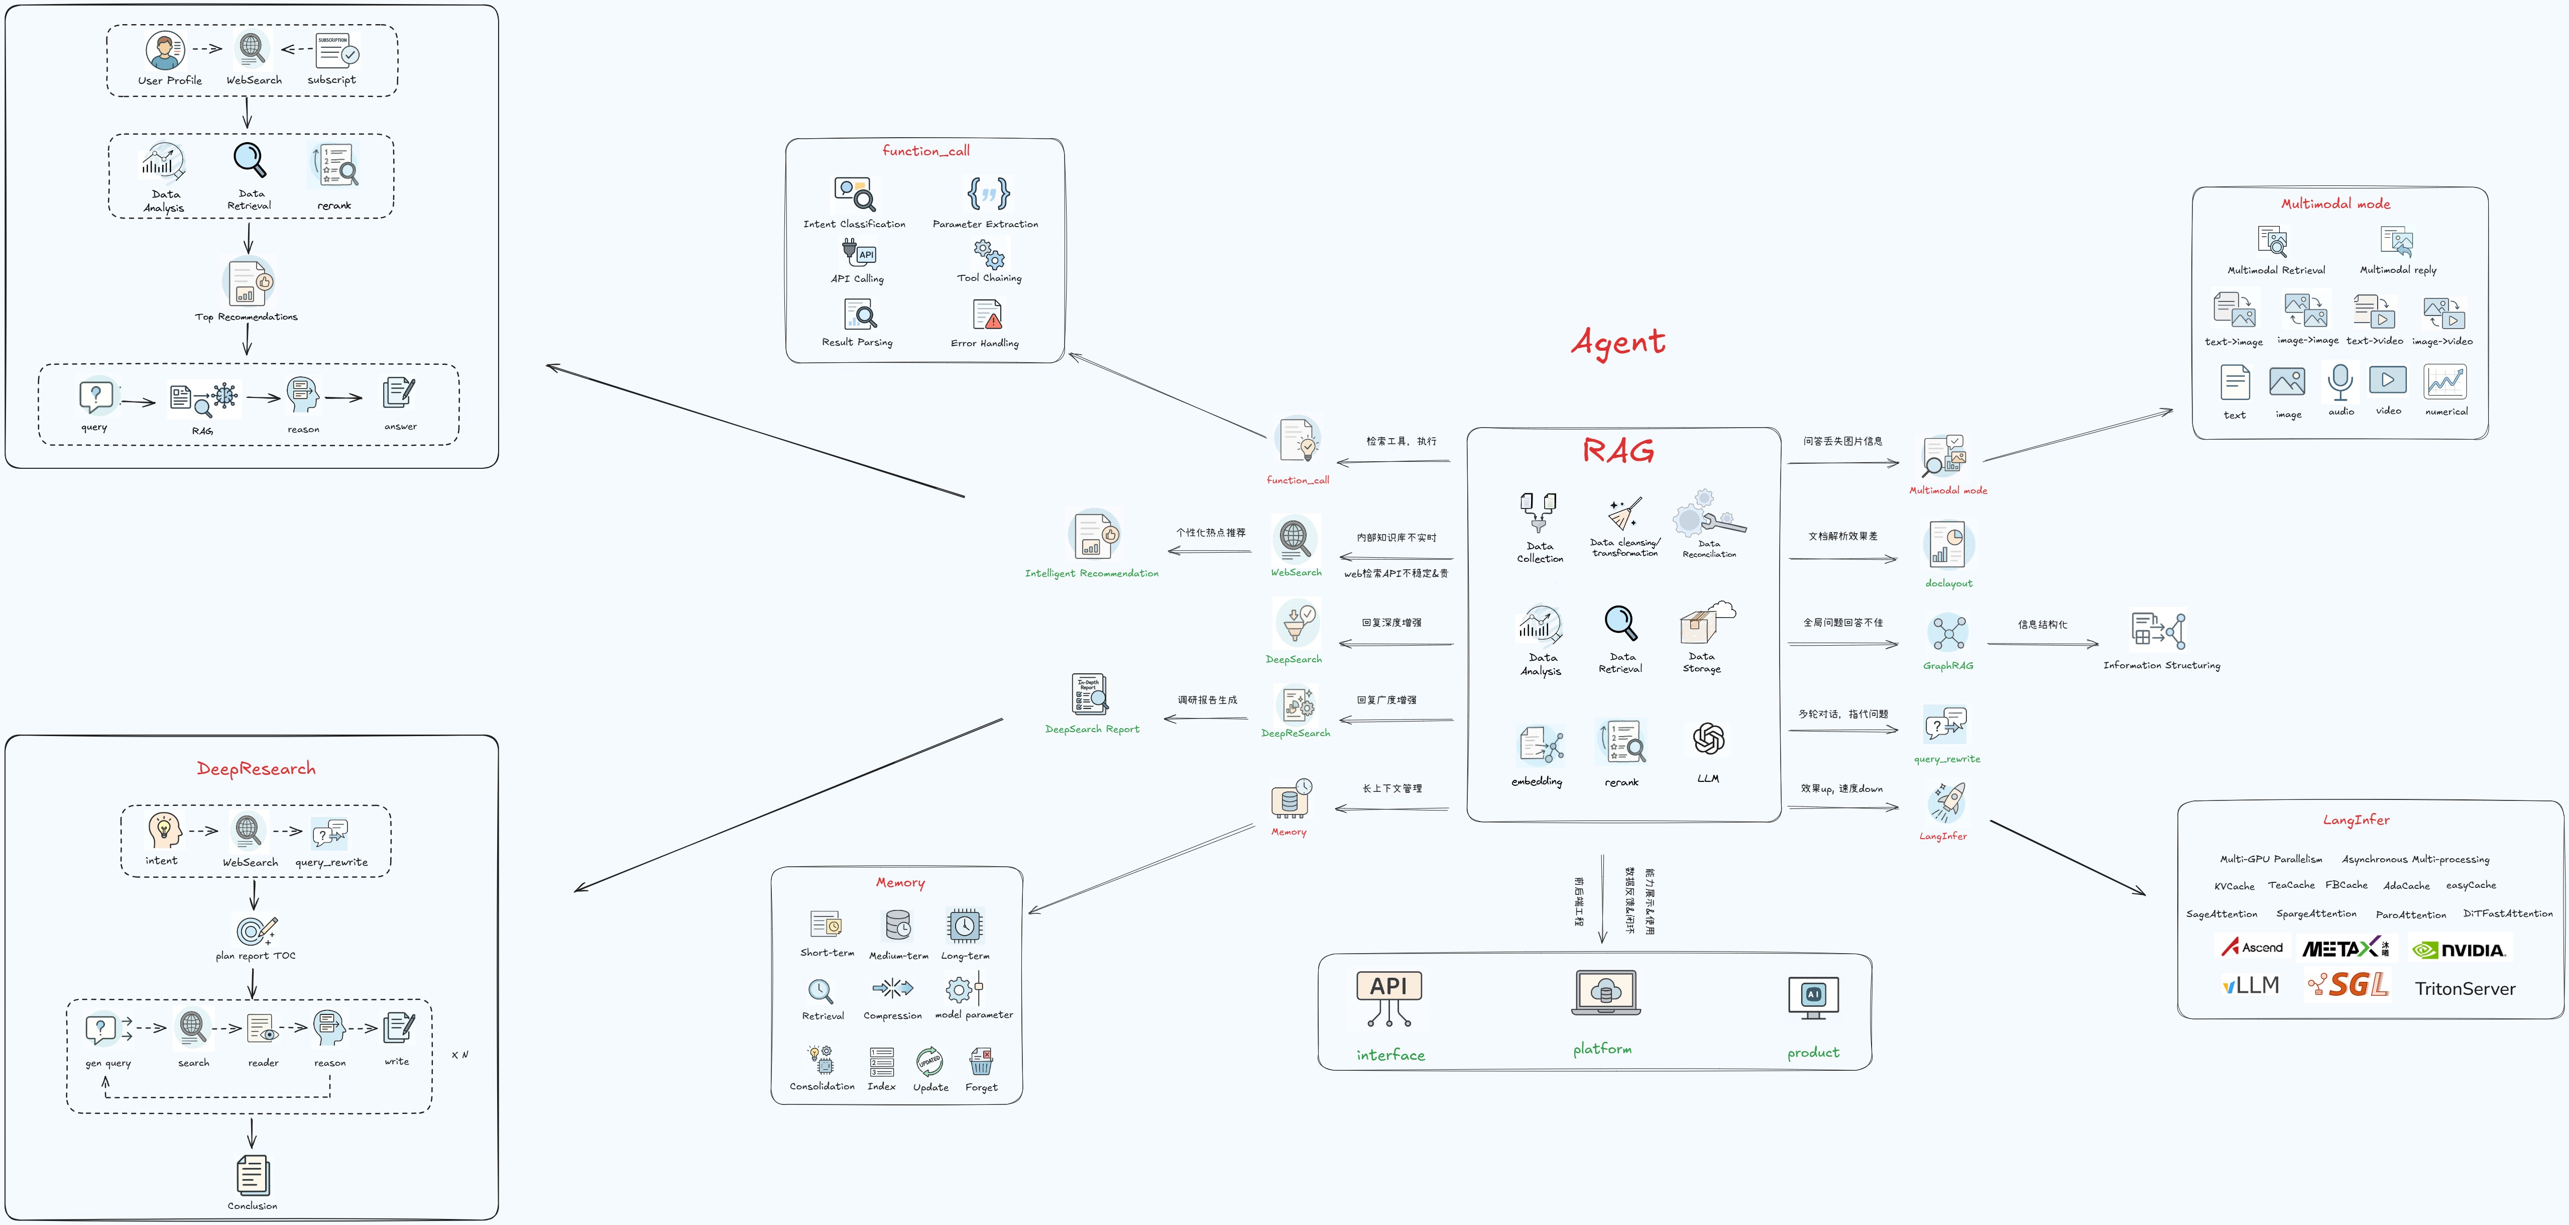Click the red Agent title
click(x=1617, y=342)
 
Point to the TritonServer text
click(x=2464, y=988)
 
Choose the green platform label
click(x=1602, y=1049)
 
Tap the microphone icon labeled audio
click(x=2340, y=382)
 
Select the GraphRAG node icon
click(x=1948, y=633)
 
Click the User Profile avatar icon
click(x=165, y=50)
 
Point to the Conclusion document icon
click(x=252, y=1175)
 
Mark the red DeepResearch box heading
click(x=256, y=768)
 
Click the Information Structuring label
click(x=2161, y=665)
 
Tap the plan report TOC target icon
click(x=255, y=930)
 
